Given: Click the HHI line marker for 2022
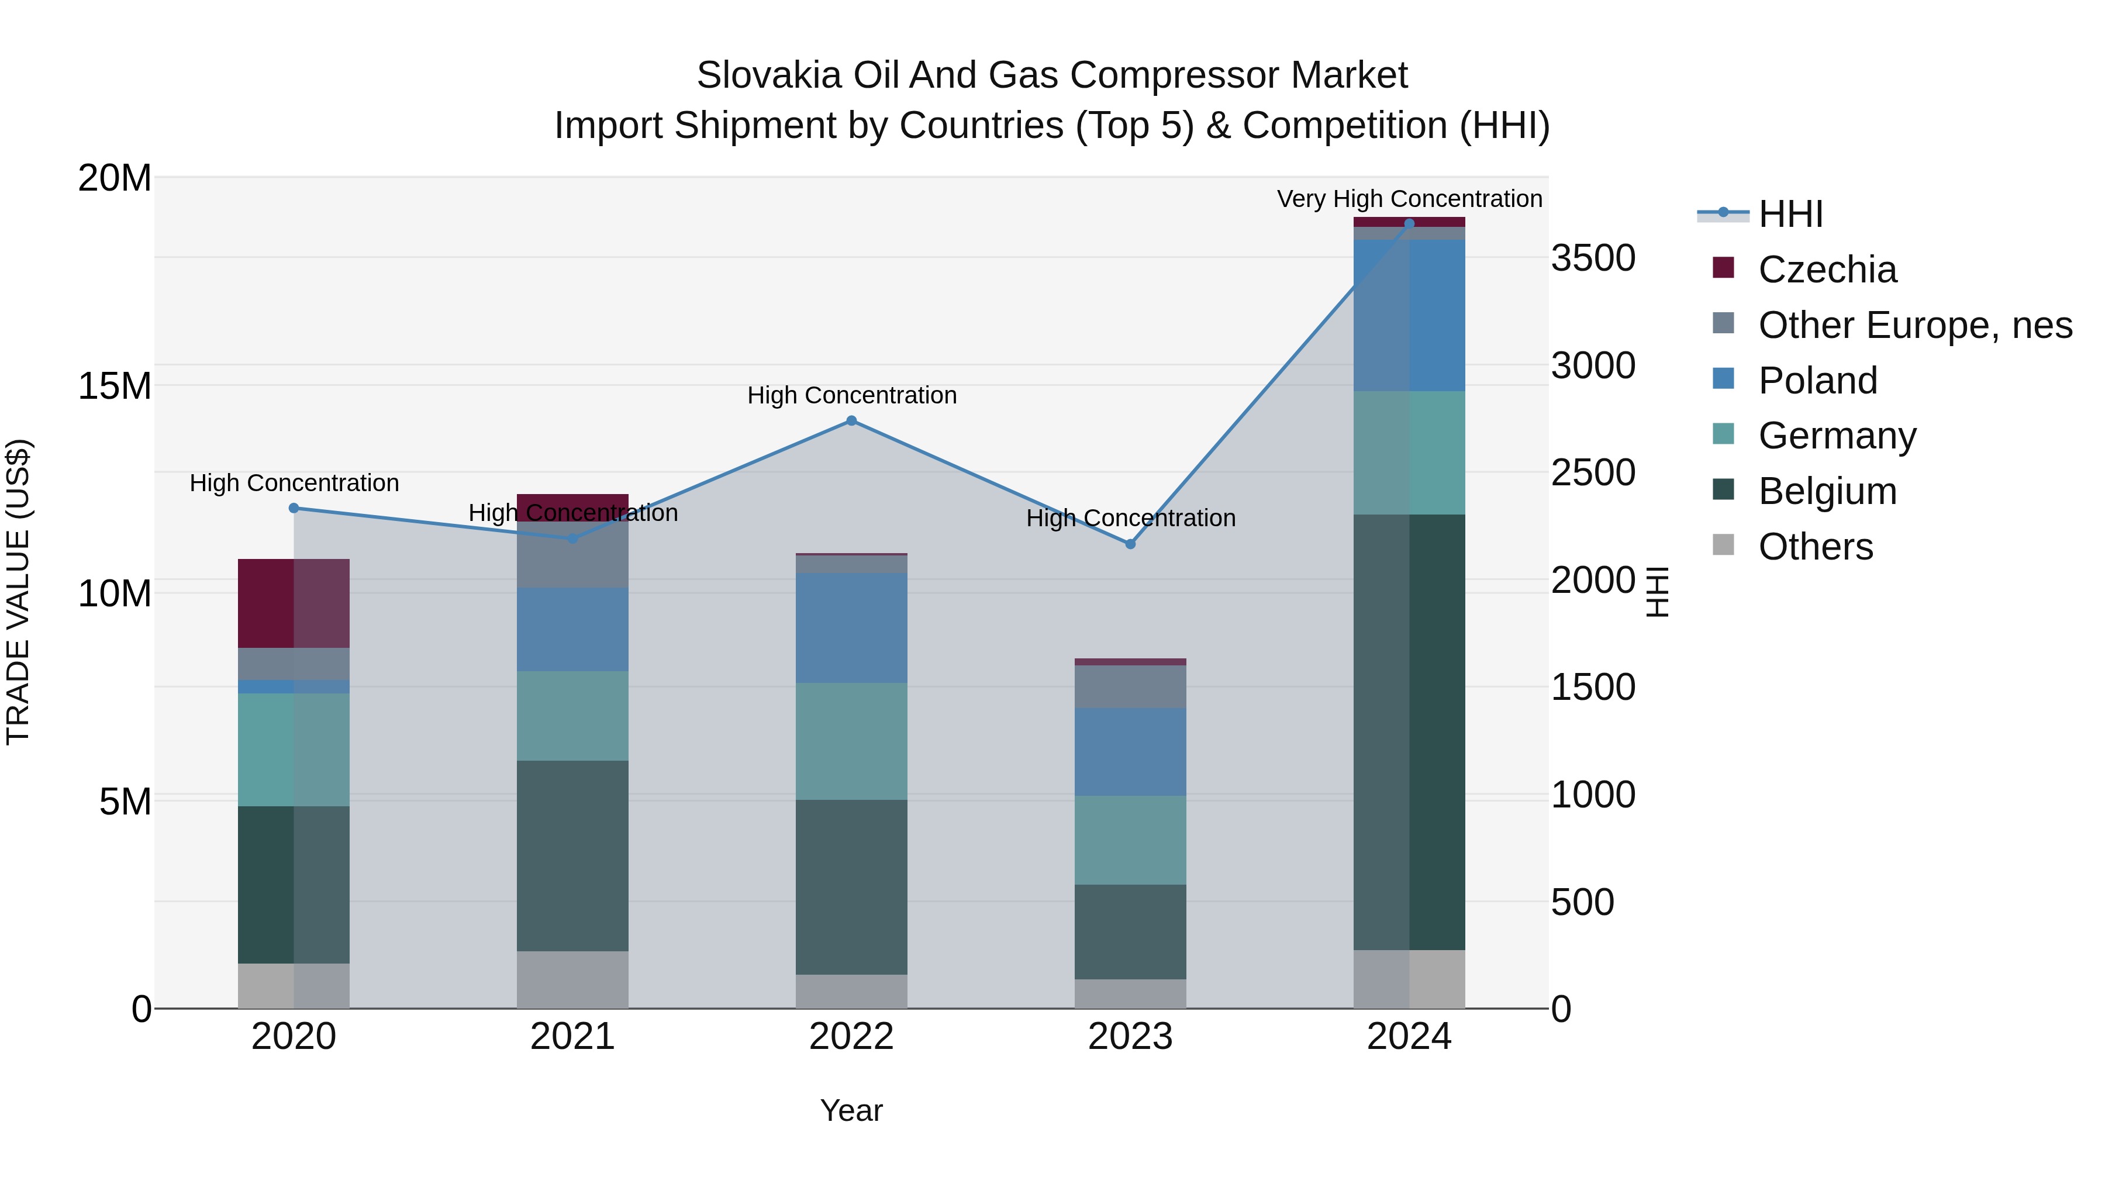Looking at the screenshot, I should click(851, 421).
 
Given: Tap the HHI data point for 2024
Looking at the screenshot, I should click(1409, 224).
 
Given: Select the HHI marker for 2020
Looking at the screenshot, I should click(294, 508).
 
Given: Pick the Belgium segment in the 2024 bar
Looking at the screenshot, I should click(1409, 731).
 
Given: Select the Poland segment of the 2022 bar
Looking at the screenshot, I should click(851, 627).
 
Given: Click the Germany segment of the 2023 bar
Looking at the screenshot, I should click(1130, 840).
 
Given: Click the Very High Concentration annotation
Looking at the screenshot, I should click(1409, 199).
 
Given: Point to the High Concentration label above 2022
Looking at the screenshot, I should click(851, 395).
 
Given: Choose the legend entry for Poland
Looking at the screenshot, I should click(1817, 381).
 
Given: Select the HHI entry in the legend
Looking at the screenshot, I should click(1790, 214).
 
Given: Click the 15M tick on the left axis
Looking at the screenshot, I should click(115, 386).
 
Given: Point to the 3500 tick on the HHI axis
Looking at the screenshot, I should click(1593, 258).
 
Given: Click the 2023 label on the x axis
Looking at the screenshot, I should click(1130, 1037).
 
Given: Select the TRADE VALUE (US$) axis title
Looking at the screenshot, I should click(18, 592).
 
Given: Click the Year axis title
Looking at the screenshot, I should click(851, 1110).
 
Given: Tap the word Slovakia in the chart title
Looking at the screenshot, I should click(768, 75).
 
